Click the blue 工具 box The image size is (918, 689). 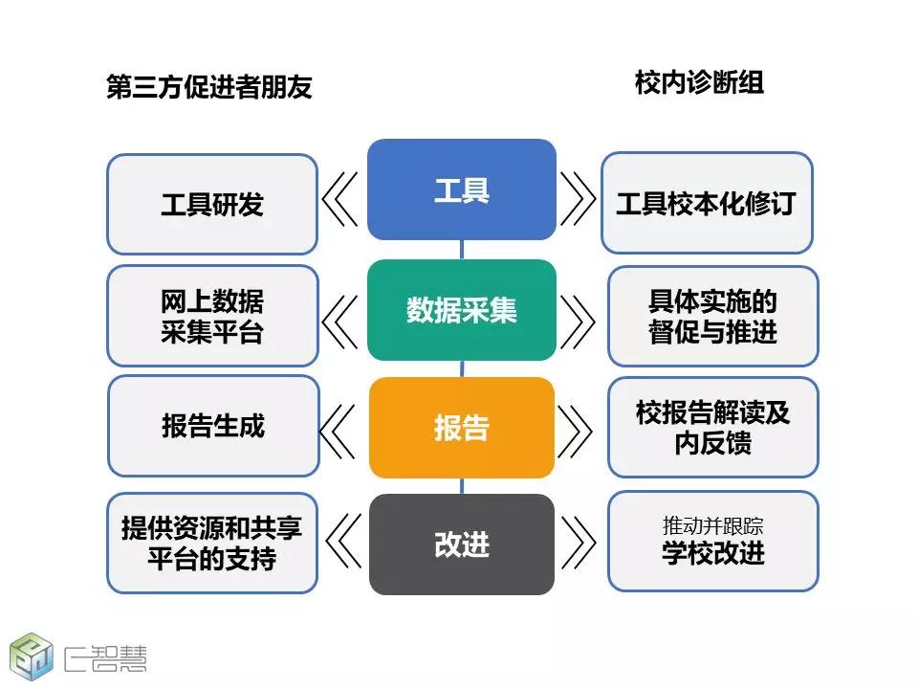coord(461,189)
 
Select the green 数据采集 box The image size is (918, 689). coord(461,310)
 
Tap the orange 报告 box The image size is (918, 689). coord(461,428)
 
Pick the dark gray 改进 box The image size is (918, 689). coord(461,545)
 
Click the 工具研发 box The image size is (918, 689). coord(212,205)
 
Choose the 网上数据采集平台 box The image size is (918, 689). coord(212,316)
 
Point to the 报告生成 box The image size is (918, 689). coord(213,426)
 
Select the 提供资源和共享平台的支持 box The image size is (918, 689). coord(212,544)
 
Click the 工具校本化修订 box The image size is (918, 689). coord(707,203)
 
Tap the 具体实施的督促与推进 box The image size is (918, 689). coord(712,317)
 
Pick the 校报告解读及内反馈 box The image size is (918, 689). coord(712,427)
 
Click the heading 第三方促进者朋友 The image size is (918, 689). coord(209,87)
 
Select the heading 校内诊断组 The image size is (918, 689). coord(699,82)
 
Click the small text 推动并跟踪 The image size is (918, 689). coord(712,526)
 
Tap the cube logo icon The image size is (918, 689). coord(31,656)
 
